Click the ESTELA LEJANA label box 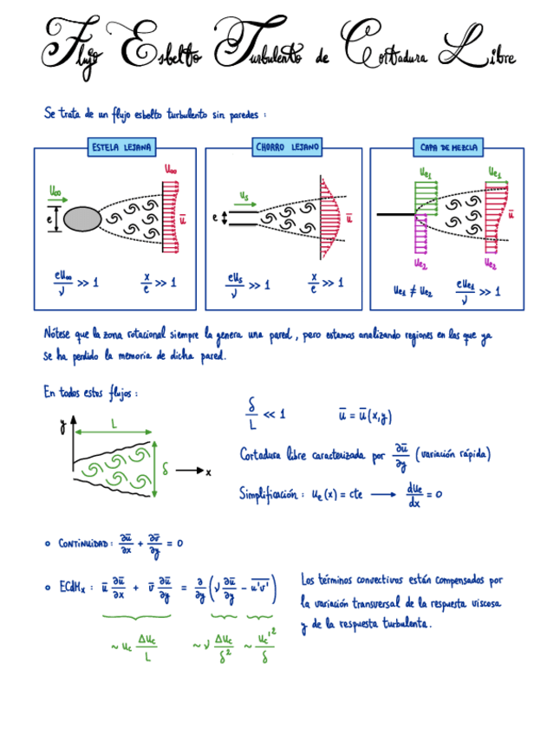[120, 148]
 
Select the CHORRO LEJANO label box [288, 148]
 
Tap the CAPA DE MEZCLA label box [446, 148]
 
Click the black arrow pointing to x [189, 471]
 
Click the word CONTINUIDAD [85, 543]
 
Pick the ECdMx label [72, 586]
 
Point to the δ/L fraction [252, 415]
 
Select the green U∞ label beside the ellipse [56, 191]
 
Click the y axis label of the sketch [62, 426]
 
